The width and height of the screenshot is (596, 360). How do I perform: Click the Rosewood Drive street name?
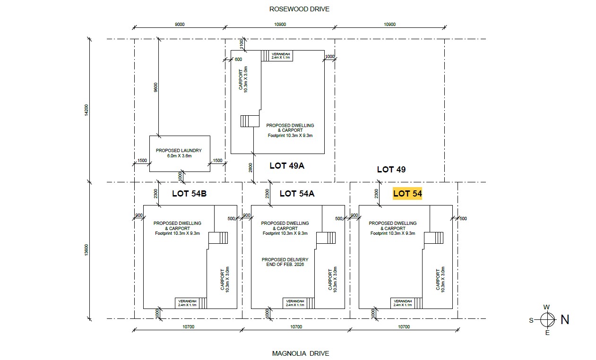(x=299, y=9)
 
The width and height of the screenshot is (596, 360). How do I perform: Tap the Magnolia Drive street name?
(x=301, y=353)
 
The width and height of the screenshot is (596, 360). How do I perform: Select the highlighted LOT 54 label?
(x=407, y=193)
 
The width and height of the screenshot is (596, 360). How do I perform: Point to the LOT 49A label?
(x=287, y=166)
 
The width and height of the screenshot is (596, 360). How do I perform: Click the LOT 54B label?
(x=189, y=194)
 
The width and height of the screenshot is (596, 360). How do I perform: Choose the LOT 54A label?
(x=297, y=194)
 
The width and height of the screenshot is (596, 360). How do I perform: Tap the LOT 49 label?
(x=391, y=169)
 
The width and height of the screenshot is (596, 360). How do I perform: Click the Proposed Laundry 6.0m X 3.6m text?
(x=179, y=153)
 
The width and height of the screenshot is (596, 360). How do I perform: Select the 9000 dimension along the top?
(x=180, y=25)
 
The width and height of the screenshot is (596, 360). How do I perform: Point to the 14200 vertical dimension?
(x=86, y=110)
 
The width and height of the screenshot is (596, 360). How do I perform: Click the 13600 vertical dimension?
(x=86, y=250)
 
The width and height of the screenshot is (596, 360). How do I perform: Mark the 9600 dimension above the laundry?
(x=155, y=87)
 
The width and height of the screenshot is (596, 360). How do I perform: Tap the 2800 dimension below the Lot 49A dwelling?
(x=250, y=168)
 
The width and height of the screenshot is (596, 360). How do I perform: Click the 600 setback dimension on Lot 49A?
(x=238, y=59)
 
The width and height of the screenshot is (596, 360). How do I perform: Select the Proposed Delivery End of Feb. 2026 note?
(x=285, y=262)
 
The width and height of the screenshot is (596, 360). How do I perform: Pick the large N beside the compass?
(x=565, y=319)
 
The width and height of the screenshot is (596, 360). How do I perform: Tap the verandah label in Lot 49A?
(x=281, y=56)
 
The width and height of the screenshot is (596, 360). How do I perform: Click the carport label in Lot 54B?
(x=225, y=280)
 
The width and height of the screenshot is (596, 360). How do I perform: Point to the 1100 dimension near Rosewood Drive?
(x=242, y=44)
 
